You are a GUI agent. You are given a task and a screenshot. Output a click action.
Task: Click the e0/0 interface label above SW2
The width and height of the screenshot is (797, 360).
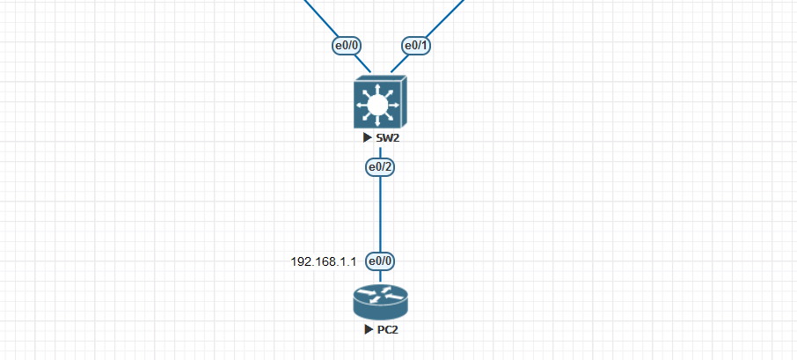point(347,46)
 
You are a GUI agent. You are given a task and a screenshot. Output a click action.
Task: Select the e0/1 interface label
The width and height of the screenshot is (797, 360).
point(414,46)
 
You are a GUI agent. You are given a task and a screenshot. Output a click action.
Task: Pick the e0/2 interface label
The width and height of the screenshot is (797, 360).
point(380,165)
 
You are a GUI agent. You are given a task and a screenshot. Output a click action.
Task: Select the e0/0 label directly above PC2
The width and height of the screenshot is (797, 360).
point(380,261)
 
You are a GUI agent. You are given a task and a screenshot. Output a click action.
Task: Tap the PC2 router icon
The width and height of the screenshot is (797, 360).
point(380,301)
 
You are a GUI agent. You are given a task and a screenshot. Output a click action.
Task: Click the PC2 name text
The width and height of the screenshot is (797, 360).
point(388,331)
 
